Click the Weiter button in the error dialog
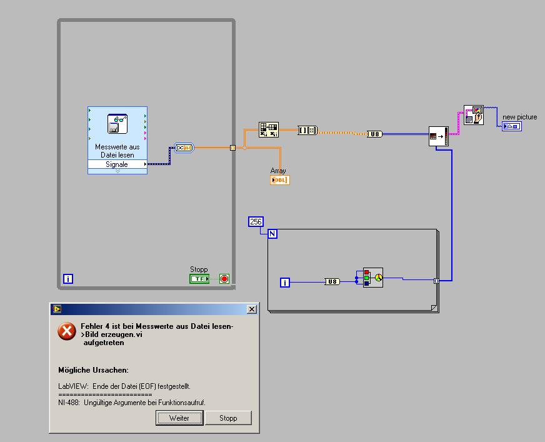pyautogui.click(x=179, y=418)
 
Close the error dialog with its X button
pyautogui.click(x=251, y=309)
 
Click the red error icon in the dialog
pyautogui.click(x=67, y=332)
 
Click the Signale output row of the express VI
pyautogui.click(x=117, y=164)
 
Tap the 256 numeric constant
pyautogui.click(x=256, y=221)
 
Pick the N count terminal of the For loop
pyautogui.click(x=272, y=234)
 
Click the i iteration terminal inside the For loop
pyautogui.click(x=285, y=283)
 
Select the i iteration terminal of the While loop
pyautogui.click(x=68, y=279)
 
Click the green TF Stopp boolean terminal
pyautogui.click(x=199, y=279)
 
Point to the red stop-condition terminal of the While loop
pyautogui.click(x=224, y=279)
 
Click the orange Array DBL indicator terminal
pyautogui.click(x=279, y=180)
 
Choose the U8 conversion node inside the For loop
pyautogui.click(x=332, y=282)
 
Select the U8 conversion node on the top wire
pyautogui.click(x=374, y=134)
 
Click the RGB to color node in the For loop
pyautogui.click(x=372, y=277)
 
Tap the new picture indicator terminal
pyautogui.click(x=512, y=126)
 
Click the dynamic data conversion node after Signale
pyautogui.click(x=185, y=148)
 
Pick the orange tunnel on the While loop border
pyautogui.click(x=232, y=148)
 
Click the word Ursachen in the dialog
pyautogui.click(x=112, y=370)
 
